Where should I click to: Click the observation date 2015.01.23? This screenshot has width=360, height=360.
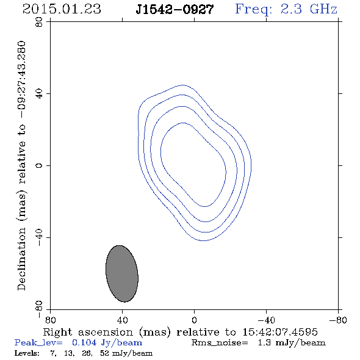click(62, 9)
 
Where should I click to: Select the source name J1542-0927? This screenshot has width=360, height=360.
click(175, 10)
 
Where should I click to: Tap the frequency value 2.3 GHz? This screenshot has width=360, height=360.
click(309, 9)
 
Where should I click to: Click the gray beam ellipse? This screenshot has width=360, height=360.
click(121, 274)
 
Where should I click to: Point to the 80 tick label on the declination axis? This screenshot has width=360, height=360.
click(39, 22)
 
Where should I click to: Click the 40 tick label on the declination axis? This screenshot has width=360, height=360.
click(39, 94)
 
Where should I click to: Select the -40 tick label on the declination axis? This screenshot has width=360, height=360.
click(39, 237)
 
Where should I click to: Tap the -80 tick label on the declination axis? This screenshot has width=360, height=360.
click(39, 309)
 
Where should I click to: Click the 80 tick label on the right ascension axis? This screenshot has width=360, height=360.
click(50, 320)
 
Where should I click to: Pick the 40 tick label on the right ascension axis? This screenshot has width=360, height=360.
click(122, 320)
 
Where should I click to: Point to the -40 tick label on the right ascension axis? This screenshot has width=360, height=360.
click(266, 320)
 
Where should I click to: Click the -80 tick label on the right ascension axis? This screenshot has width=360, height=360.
click(338, 320)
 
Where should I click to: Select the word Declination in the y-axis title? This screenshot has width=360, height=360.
click(21, 259)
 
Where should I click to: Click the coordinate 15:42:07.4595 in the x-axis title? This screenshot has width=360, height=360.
click(280, 332)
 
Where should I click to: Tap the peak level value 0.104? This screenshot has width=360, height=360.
click(84, 342)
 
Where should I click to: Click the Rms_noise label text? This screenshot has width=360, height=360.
click(220, 343)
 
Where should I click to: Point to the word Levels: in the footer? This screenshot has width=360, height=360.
click(27, 353)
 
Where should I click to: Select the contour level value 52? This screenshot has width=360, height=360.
click(104, 353)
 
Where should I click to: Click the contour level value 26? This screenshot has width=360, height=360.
click(87, 353)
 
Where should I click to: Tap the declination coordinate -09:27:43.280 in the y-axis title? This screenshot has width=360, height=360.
click(22, 79)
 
